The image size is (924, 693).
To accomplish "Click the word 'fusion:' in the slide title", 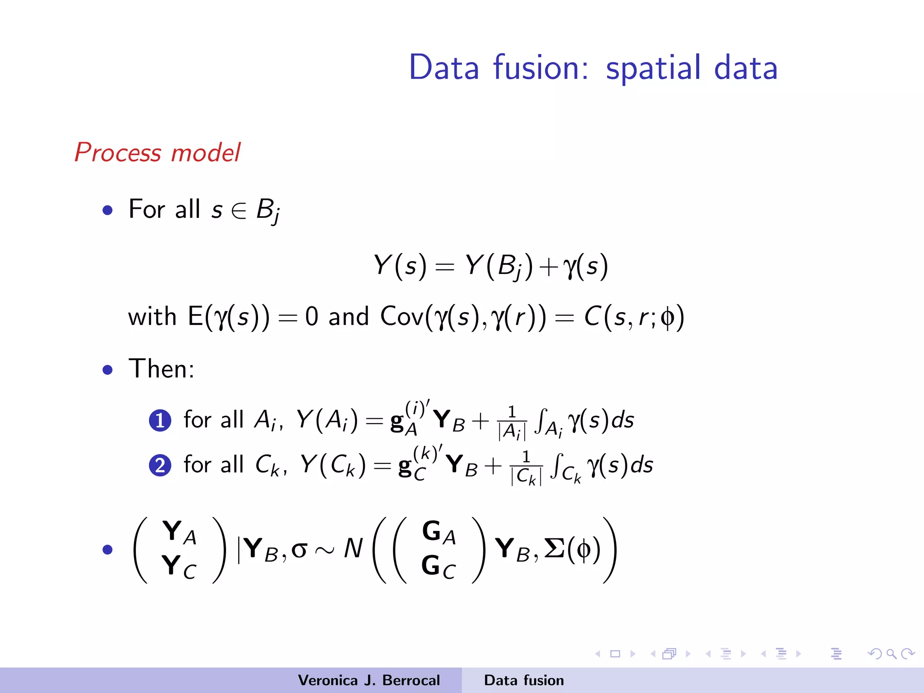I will click(x=541, y=68).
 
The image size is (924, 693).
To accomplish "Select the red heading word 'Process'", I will click(x=118, y=152).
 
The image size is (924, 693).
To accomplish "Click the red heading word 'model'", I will click(x=206, y=152).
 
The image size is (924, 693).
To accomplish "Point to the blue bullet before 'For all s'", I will click(x=107, y=210).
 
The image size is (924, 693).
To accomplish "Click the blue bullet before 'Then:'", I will click(x=107, y=370).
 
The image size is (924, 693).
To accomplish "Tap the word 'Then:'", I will click(x=162, y=369).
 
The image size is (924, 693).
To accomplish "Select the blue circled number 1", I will click(x=160, y=420).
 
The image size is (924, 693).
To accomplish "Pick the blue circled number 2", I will click(x=160, y=466).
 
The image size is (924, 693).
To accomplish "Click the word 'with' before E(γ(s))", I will click(x=152, y=316).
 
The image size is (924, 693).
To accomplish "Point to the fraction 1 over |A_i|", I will click(x=512, y=422).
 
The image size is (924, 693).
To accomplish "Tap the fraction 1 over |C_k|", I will click(x=526, y=468).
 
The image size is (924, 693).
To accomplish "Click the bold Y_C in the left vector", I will click(x=179, y=567).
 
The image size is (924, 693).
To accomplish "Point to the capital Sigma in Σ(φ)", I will click(x=555, y=549).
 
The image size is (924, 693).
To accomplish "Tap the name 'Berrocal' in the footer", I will click(x=411, y=680).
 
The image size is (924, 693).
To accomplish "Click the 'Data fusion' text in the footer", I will click(x=524, y=680).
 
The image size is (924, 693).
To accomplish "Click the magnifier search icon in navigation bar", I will click(x=891, y=654).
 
